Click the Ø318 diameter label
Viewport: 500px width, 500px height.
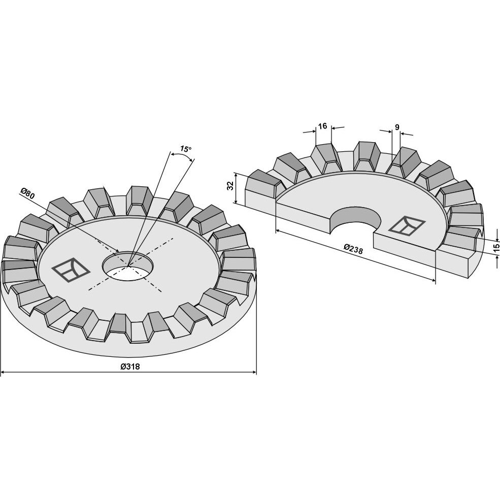pyautogui.click(x=130, y=366)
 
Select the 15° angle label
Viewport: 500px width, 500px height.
pyautogui.click(x=186, y=149)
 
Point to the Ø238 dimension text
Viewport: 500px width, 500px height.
pyautogui.click(x=353, y=249)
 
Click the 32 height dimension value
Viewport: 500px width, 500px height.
pyautogui.click(x=231, y=186)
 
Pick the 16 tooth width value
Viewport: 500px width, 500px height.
pyautogui.click(x=322, y=126)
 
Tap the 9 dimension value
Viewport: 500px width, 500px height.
pyautogui.click(x=397, y=127)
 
